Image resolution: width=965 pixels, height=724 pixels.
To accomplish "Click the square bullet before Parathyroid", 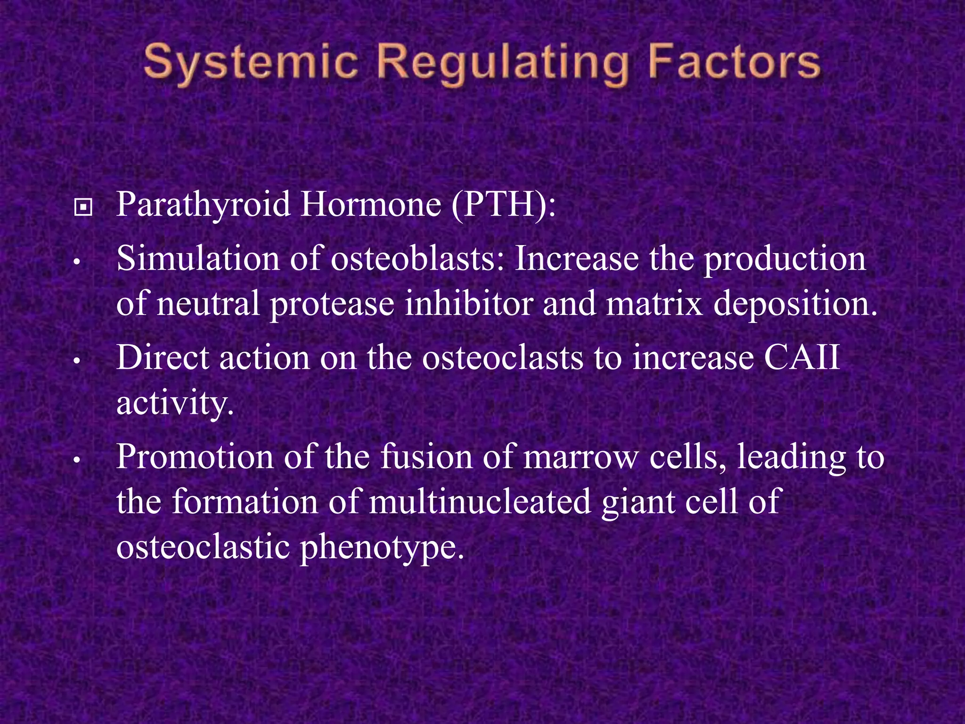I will (83, 207).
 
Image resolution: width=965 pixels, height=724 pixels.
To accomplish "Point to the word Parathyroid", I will (203, 206).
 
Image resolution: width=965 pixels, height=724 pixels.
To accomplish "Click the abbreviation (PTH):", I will (503, 206).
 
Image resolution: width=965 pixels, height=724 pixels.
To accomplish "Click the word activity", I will (175, 404).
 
